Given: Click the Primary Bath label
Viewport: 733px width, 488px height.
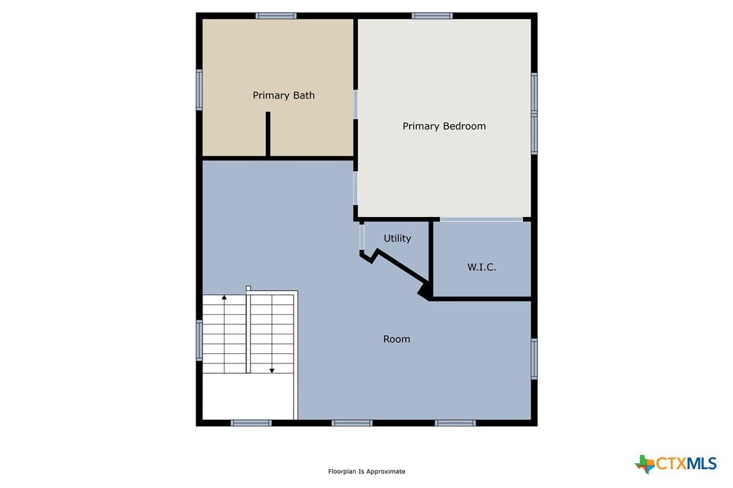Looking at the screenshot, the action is click(283, 95).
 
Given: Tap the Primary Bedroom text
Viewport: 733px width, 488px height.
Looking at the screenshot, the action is click(444, 126).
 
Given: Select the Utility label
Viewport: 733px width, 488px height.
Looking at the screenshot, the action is click(398, 238).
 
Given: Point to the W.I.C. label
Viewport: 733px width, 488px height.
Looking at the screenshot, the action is click(481, 267).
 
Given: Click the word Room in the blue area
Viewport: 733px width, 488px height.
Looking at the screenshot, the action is click(396, 339).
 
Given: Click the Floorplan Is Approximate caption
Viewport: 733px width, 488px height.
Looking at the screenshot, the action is click(366, 471).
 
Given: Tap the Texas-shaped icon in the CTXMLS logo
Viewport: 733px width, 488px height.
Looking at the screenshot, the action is click(645, 464).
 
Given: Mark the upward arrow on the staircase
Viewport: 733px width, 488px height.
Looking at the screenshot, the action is click(224, 297).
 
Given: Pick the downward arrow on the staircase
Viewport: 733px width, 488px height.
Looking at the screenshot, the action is click(271, 370).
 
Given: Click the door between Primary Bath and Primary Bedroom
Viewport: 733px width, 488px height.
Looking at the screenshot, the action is click(355, 104).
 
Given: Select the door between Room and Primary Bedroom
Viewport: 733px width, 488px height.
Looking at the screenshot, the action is click(355, 188).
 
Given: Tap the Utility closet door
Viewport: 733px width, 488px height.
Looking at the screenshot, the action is click(361, 237).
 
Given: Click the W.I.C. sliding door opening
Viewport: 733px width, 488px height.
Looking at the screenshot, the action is click(481, 220).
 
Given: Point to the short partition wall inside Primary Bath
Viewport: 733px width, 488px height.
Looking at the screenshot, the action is click(268, 134).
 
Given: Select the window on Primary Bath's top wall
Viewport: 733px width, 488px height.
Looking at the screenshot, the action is click(276, 16).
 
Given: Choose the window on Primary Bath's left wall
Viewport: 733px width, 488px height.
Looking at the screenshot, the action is click(199, 90).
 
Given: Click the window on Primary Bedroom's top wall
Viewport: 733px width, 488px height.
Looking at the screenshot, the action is click(432, 16).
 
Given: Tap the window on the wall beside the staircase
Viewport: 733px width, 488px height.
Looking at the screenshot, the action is click(199, 340).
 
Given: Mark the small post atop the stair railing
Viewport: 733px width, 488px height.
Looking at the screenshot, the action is click(248, 288).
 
